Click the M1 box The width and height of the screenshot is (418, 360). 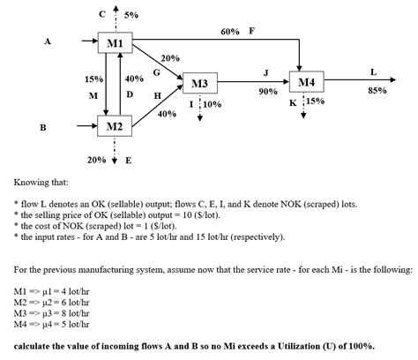[115, 43]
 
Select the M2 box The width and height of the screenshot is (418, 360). [115, 127]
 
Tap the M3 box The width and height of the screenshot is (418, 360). [199, 85]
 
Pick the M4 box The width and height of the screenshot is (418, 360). [306, 83]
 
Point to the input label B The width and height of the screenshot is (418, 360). [43, 128]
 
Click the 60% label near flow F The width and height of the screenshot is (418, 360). [230, 32]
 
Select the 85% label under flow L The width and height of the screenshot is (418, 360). [377, 90]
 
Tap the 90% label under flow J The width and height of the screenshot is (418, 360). [266, 91]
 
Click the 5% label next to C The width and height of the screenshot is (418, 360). [131, 14]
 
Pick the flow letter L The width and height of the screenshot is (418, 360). [374, 71]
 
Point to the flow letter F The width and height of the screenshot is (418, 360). [252, 31]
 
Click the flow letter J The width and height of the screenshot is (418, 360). [266, 71]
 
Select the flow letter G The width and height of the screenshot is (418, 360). [156, 71]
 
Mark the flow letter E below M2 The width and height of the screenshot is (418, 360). [129, 161]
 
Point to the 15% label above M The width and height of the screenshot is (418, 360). [93, 79]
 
